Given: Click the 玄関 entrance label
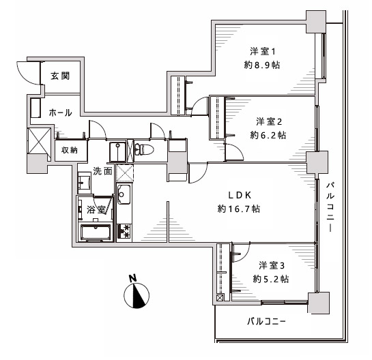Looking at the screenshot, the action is click(x=60, y=76).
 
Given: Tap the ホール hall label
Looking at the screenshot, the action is click(x=61, y=112).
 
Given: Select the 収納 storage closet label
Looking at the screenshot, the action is click(x=70, y=150).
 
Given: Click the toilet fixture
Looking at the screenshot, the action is click(x=144, y=149).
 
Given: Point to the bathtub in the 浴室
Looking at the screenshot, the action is click(x=96, y=232).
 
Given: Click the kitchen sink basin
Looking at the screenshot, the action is click(x=124, y=194).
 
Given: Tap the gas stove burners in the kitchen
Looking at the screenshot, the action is click(x=124, y=231).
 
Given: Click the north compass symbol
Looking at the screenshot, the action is click(x=137, y=295).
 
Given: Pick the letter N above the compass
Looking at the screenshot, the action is click(x=133, y=278).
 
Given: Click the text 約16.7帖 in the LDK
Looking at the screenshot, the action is click(x=239, y=209).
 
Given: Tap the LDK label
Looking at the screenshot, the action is click(x=240, y=195).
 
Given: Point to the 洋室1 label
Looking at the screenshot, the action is click(x=262, y=51).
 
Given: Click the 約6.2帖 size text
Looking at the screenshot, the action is click(x=268, y=135).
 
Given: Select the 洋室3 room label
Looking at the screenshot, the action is click(x=272, y=265).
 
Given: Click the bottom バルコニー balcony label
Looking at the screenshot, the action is click(x=266, y=322).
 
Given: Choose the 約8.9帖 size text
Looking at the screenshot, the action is click(x=262, y=65).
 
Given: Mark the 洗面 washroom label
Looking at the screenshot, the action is click(x=102, y=171).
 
